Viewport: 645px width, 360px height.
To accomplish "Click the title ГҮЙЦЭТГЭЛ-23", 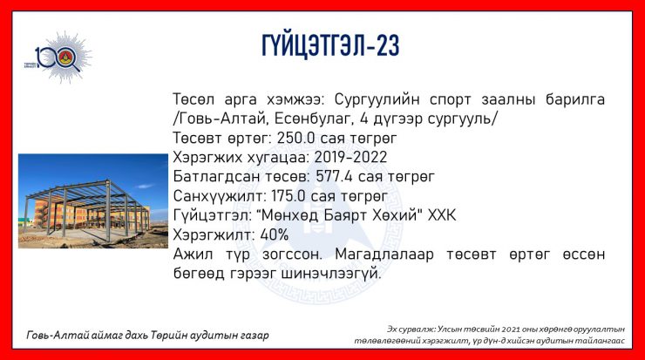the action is pyautogui.click(x=330, y=45).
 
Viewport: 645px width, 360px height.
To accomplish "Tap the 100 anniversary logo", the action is pyautogui.click(x=58, y=58).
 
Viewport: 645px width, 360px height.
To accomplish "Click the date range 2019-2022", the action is pyautogui.click(x=350, y=157).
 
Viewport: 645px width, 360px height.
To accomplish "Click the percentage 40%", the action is pyautogui.click(x=275, y=235).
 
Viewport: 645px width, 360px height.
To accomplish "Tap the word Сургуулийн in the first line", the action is pyautogui.click(x=377, y=99).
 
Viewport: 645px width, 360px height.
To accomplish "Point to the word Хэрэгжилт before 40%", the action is pyautogui.click(x=214, y=235).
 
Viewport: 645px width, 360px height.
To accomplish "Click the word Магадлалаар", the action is pyautogui.click(x=384, y=255).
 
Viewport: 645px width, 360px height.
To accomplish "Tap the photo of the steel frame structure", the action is pyautogui.click(x=93, y=200).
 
